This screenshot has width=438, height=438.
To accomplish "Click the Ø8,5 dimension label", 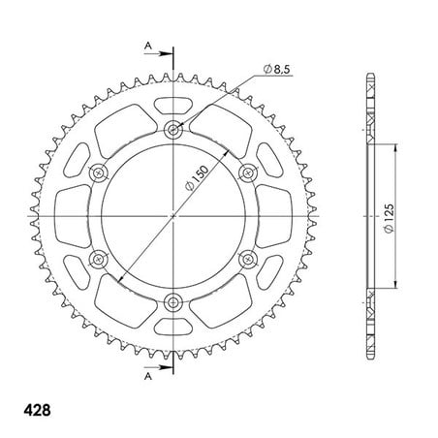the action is click(276, 69).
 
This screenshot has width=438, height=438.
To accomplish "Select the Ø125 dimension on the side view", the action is click(390, 218).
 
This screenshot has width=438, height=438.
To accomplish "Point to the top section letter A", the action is click(147, 46).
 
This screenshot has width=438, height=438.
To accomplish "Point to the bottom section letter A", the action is click(148, 376).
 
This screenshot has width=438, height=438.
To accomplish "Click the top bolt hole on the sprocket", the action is click(173, 130).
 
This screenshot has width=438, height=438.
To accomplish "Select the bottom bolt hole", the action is click(173, 302).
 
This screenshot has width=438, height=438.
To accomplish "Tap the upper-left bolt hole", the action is click(98, 173).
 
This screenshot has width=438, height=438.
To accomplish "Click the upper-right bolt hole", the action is click(248, 173).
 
